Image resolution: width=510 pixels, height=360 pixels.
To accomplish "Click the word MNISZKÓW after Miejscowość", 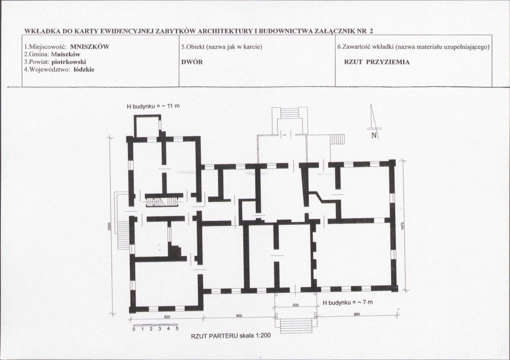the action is (x=90, y=46).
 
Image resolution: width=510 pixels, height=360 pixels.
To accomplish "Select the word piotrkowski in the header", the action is (x=69, y=62).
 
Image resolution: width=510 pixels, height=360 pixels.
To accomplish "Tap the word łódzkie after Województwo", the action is (x=84, y=69).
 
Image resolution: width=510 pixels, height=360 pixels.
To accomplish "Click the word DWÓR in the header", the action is (x=192, y=62).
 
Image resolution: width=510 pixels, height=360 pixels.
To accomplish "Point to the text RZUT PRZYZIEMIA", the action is (x=377, y=62).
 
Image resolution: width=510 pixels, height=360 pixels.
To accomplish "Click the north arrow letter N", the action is (x=374, y=136).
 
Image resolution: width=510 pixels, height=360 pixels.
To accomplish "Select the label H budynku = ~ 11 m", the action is (x=153, y=106).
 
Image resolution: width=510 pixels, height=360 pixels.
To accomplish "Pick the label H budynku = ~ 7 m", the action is (x=348, y=303).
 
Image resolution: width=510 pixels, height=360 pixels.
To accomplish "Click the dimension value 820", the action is (x=167, y=317).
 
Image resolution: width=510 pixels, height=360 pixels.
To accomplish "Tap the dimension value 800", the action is (x=239, y=316).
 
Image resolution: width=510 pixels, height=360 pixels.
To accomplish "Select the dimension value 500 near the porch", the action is (x=296, y=305).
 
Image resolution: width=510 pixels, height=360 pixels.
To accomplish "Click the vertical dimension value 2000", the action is (x=109, y=226).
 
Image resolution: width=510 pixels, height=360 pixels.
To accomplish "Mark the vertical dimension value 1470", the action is (x=403, y=226).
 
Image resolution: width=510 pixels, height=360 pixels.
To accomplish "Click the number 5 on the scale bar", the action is (x=177, y=329).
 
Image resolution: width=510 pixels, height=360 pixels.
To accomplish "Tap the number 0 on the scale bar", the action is (x=134, y=329).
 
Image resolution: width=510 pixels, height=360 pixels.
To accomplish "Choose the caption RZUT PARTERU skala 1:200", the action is (x=231, y=336).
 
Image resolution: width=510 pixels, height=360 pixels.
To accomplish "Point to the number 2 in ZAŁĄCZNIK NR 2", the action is (x=371, y=31).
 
